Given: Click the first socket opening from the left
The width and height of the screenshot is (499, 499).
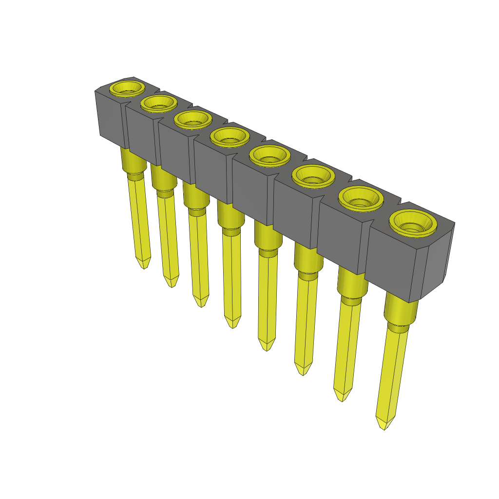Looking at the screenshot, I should pos(127,88).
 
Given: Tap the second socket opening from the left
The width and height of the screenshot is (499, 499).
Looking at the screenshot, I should pos(158,103).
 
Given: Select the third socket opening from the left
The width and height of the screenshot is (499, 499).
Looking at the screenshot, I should pos(192,119).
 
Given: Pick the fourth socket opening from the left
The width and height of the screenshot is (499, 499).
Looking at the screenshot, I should pos(230,137).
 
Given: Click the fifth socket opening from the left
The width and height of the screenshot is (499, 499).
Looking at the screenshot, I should pos(269,155).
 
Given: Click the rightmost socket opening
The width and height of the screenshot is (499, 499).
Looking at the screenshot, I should pos(413,222).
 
